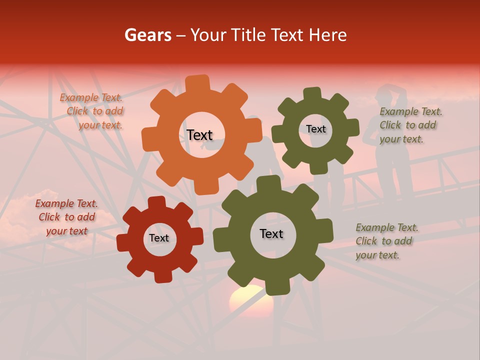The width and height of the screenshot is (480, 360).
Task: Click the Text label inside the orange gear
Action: pyautogui.click(x=199, y=135)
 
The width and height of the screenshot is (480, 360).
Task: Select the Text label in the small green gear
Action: pyautogui.click(x=315, y=129)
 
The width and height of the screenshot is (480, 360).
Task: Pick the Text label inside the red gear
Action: pyautogui.click(x=159, y=238)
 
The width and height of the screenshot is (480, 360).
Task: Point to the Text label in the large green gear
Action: pyautogui.click(x=271, y=233)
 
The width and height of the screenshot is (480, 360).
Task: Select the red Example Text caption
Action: pyautogui.click(x=66, y=217)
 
